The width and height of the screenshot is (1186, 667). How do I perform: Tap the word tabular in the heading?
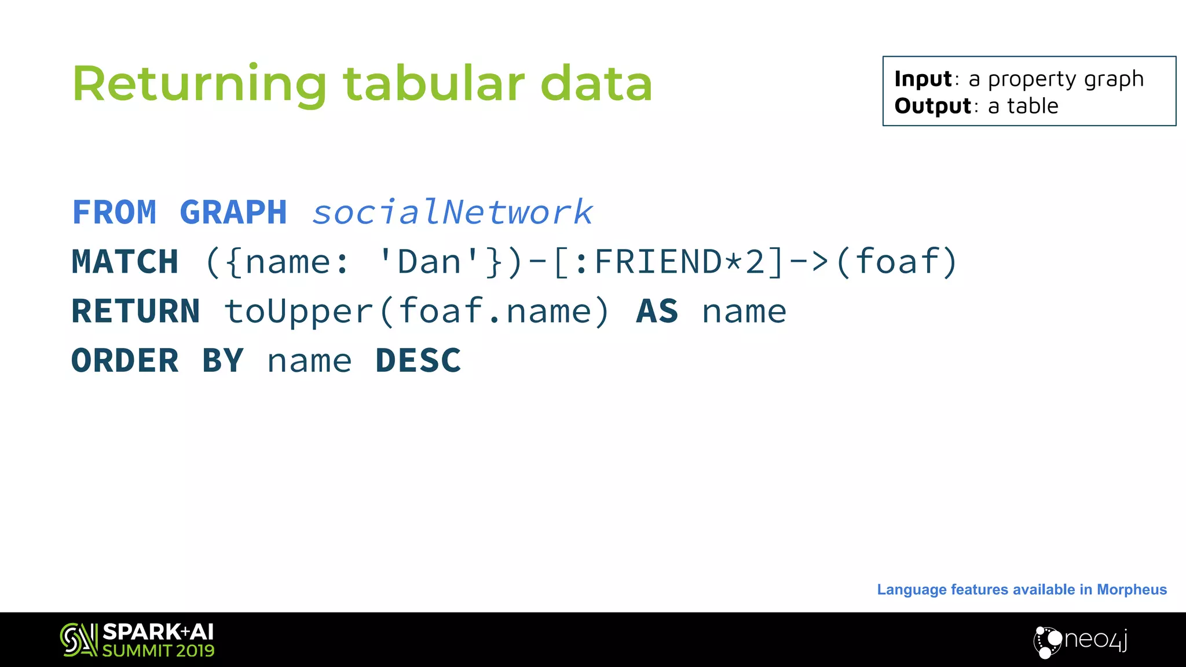pyautogui.click(x=434, y=83)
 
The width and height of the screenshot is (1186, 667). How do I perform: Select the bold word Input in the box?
pyautogui.click(x=923, y=79)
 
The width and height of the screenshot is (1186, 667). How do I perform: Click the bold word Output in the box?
pyautogui.click(x=932, y=106)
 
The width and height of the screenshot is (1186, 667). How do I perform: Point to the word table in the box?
pyautogui.click(x=1033, y=106)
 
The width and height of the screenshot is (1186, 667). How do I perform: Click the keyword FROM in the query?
pyautogui.click(x=114, y=212)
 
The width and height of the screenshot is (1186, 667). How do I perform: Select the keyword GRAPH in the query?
pyautogui.click(x=233, y=212)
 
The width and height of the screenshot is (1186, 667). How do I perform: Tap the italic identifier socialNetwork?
pyautogui.click(x=452, y=212)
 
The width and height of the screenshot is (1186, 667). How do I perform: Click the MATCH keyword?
pyautogui.click(x=125, y=262)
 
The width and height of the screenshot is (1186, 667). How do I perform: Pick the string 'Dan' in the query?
pyautogui.click(x=429, y=262)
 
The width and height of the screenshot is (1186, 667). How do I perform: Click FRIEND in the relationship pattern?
pyautogui.click(x=658, y=262)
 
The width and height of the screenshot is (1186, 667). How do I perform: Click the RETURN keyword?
pyautogui.click(x=136, y=311)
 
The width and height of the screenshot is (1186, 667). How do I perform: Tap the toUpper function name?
pyautogui.click(x=299, y=311)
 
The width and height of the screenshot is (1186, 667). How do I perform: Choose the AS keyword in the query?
pyautogui.click(x=657, y=311)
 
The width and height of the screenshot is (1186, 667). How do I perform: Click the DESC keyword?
pyautogui.click(x=418, y=361)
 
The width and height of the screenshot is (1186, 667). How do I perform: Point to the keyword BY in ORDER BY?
pyautogui.click(x=223, y=361)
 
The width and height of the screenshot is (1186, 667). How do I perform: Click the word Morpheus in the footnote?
pyautogui.click(x=1132, y=589)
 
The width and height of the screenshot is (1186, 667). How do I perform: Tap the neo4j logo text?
pyautogui.click(x=1096, y=640)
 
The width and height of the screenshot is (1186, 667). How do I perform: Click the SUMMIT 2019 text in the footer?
pyautogui.click(x=158, y=651)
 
